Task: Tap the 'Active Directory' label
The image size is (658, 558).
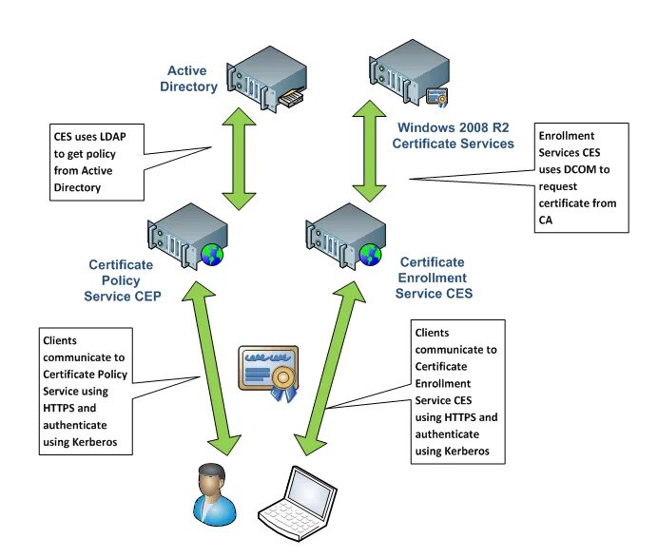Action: click(x=193, y=79)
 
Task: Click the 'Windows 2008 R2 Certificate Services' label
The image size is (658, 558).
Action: click(x=455, y=135)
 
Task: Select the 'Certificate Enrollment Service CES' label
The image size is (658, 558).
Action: click(x=433, y=278)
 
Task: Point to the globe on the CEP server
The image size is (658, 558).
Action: click(x=211, y=253)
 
